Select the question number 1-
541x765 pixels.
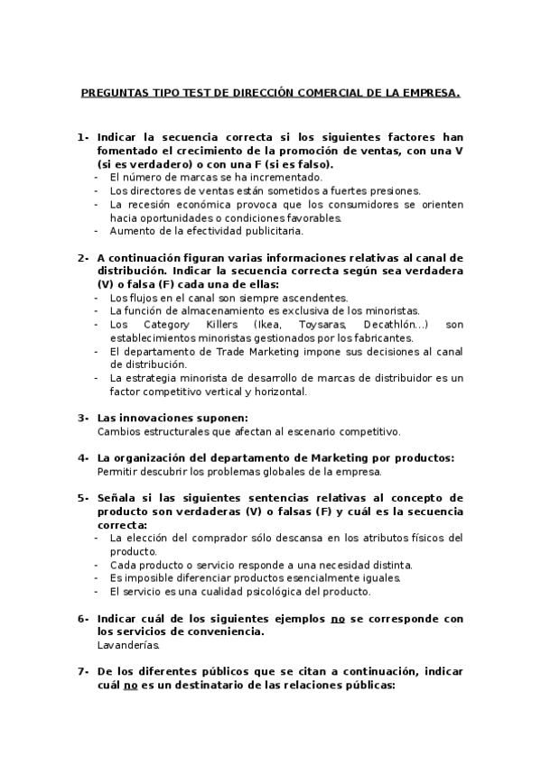82,137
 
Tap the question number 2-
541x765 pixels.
82,258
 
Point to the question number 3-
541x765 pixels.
82,418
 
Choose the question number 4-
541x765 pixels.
82,457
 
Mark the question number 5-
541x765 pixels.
82,497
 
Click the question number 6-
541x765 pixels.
82,618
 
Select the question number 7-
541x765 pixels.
82,671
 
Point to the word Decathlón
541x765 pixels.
390,324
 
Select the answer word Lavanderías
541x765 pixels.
128,645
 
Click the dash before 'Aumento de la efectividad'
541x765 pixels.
98,232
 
